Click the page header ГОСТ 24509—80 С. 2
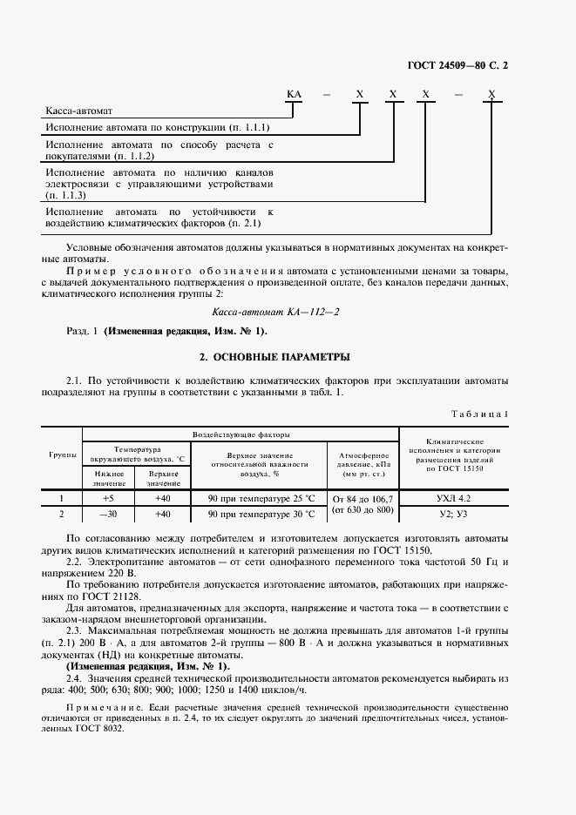[x=493, y=65]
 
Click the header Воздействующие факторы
[x=241, y=434]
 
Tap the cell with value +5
[x=109, y=499]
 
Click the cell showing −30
[x=109, y=515]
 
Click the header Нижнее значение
[x=109, y=477]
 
